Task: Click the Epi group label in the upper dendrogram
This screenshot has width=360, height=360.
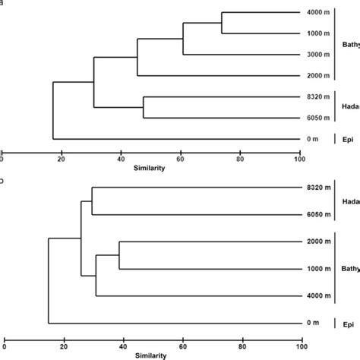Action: pos(347,139)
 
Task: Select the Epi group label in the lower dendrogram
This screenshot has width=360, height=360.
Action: pos(347,323)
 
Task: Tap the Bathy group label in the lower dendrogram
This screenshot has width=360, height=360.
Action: pos(349,270)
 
